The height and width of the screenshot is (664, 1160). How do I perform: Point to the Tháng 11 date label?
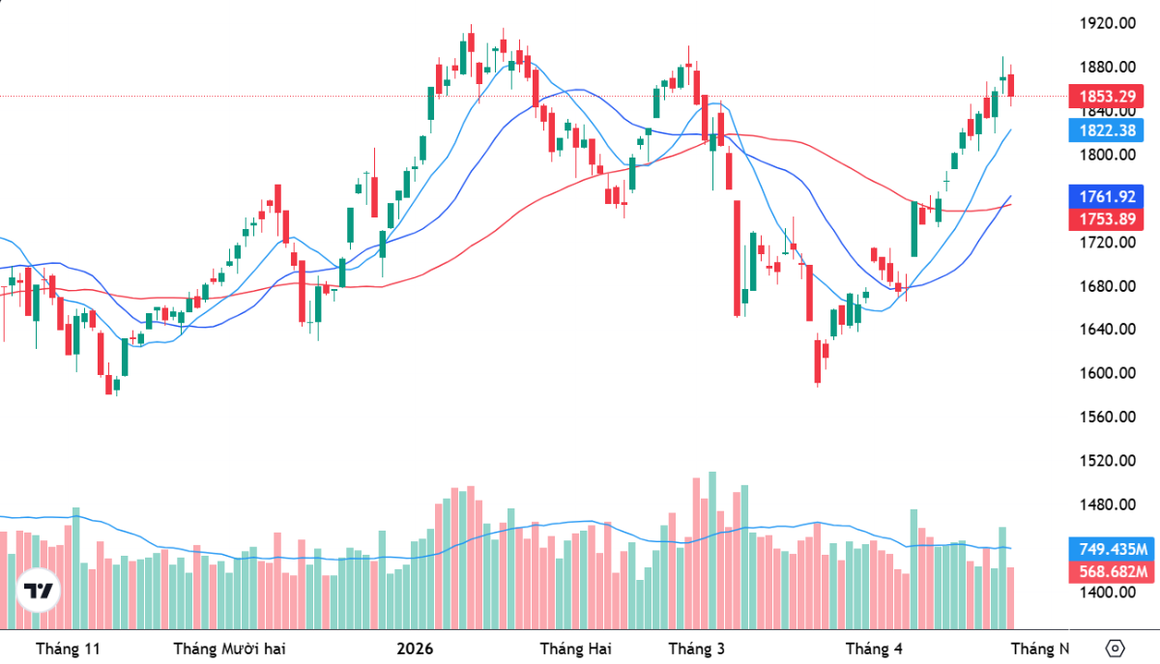click(x=68, y=648)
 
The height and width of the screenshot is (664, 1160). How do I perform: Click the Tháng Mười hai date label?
click(x=229, y=648)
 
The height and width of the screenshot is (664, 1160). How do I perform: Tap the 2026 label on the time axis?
click(x=415, y=648)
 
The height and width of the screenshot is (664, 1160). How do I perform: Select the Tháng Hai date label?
click(x=575, y=648)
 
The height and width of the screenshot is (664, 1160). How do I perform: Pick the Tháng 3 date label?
click(x=696, y=648)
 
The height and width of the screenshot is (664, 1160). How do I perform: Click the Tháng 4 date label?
click(x=874, y=648)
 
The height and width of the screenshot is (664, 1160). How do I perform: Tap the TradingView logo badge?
click(x=39, y=591)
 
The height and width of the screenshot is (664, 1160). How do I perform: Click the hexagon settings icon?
click(x=1115, y=648)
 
